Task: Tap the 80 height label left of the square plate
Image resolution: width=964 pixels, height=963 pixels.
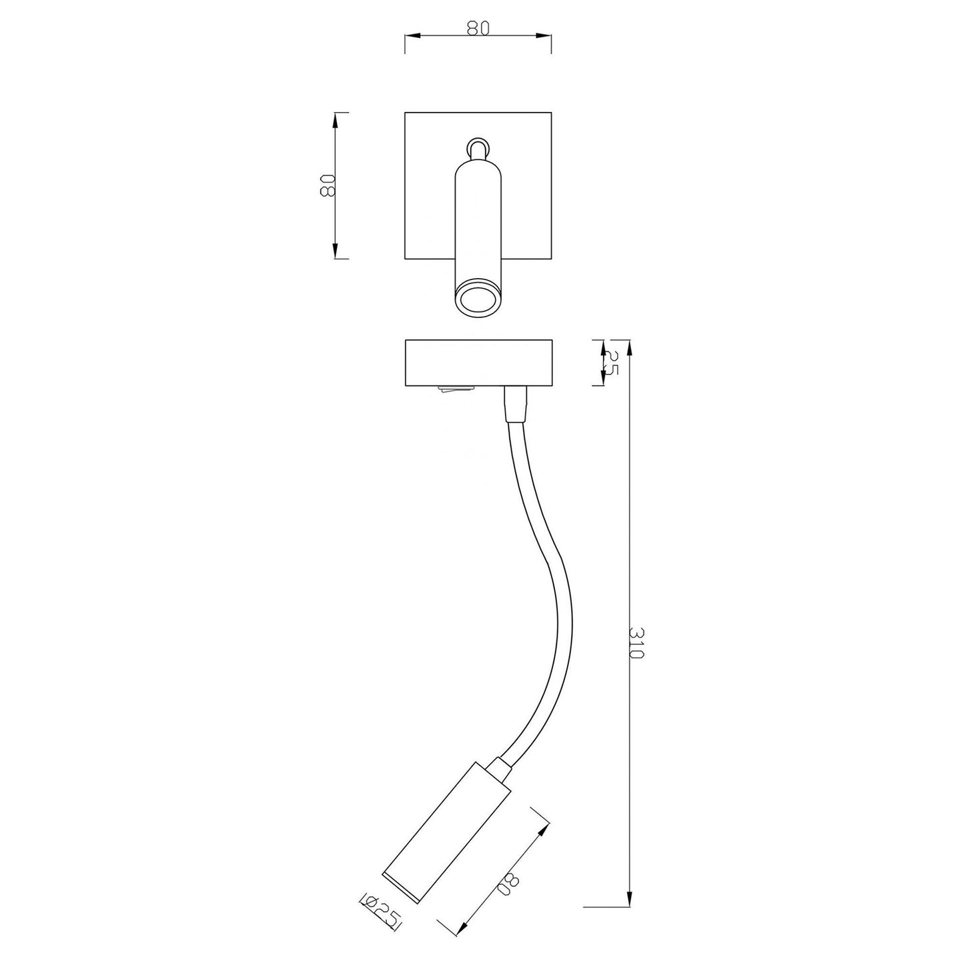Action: [327, 185]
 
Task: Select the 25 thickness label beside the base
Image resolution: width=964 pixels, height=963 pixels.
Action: [611, 363]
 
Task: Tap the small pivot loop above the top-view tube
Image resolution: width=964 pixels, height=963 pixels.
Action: [477, 148]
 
